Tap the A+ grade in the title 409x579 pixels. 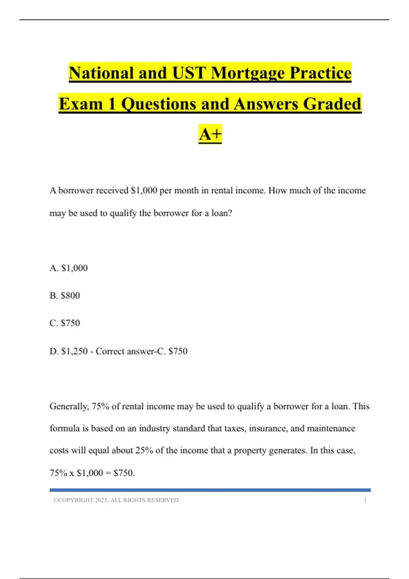[x=210, y=134]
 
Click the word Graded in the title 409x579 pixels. [x=332, y=104]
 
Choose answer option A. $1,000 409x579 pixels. [x=69, y=268]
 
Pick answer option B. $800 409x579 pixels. [x=65, y=295]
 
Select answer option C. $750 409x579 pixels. [x=65, y=323]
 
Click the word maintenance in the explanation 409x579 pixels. [x=331, y=428]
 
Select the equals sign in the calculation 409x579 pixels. [x=108, y=473]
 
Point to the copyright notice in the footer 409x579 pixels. [x=116, y=500]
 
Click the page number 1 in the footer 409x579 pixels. [x=365, y=500]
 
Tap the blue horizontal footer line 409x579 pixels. [x=210, y=490]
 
